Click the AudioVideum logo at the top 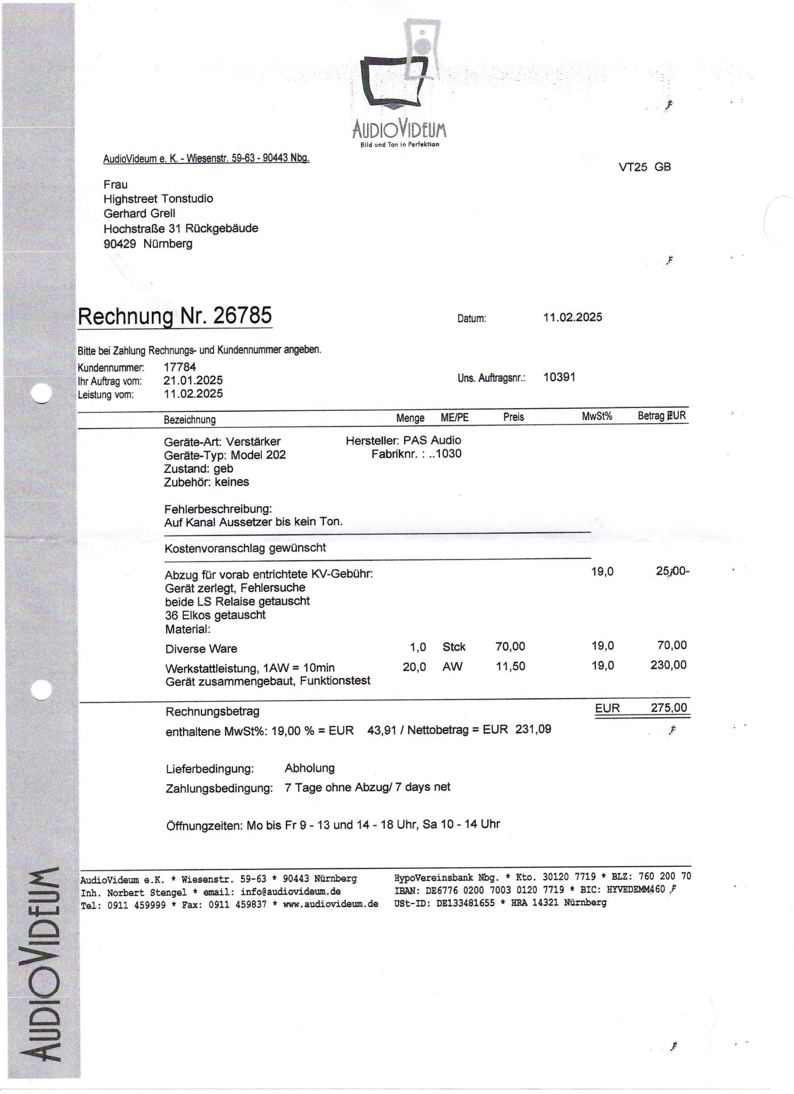coord(399,85)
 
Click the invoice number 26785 coord(242,315)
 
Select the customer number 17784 coord(180,368)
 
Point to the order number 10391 coord(559,377)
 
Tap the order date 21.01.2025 coord(193,381)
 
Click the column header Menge coord(410,418)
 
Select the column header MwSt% coord(597,417)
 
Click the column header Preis coord(513,417)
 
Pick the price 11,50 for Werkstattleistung coord(511,666)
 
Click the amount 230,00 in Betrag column coord(668,665)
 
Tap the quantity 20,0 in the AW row coord(414,667)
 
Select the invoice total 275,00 coord(669,708)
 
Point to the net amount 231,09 coord(533,729)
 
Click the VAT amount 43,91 coord(381,730)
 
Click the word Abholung coord(310,768)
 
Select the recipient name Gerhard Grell coord(139,213)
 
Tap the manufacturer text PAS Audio coord(432,440)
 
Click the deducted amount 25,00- coord(673,571)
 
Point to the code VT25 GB coord(645,167)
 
